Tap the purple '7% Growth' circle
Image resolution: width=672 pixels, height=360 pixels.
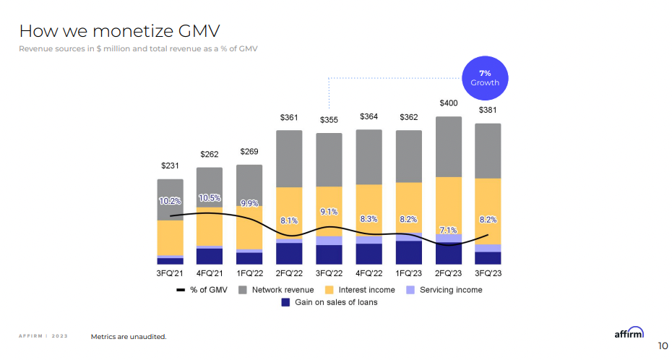(485, 78)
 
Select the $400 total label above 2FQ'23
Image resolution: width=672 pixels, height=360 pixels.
(449, 103)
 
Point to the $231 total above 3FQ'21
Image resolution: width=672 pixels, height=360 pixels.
(170, 166)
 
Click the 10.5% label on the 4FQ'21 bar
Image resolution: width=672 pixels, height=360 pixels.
(210, 197)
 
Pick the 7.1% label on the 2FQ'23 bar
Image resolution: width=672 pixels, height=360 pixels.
(449, 230)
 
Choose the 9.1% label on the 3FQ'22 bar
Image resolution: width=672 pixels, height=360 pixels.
(329, 212)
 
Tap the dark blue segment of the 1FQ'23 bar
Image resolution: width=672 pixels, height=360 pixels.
(409, 252)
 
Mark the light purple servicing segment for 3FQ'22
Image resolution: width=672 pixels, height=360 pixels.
(329, 240)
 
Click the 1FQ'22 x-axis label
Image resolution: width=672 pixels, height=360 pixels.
(249, 273)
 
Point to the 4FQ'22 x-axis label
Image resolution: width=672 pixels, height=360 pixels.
(369, 273)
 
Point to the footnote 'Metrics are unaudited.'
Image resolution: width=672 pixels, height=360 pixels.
(129, 336)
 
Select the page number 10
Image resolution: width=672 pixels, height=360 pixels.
(663, 345)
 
